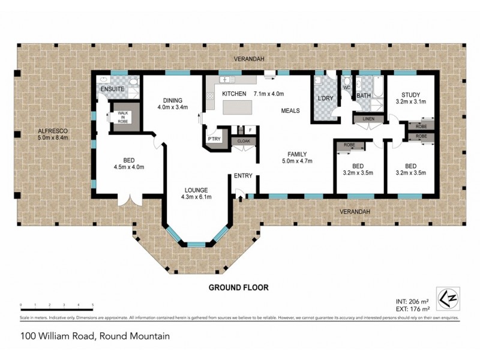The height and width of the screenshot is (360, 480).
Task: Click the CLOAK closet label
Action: tap(244, 141)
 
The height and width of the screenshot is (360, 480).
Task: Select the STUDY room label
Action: tap(412, 94)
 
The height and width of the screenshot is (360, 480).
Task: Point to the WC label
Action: tap(346, 88)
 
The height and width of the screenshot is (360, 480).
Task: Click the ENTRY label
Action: tap(243, 176)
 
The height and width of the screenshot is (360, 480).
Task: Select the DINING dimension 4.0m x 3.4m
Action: tap(173, 108)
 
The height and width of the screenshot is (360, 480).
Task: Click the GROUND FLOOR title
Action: tap(238, 287)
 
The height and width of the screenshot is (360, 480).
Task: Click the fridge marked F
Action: tap(250, 130)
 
